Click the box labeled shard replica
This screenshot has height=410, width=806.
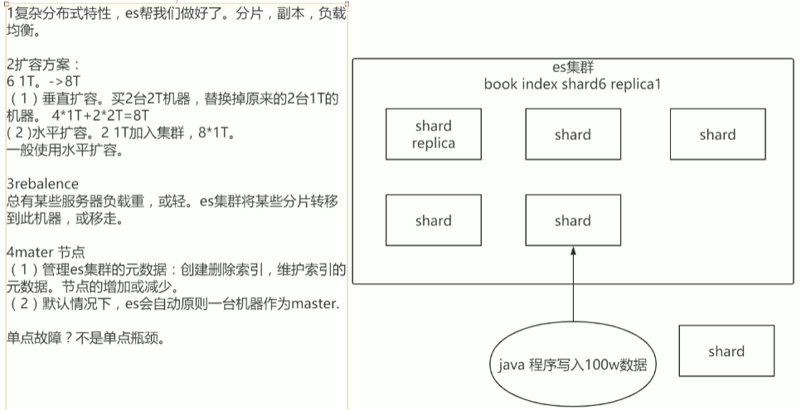click(x=434, y=134)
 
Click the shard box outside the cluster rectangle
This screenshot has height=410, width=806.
click(x=726, y=351)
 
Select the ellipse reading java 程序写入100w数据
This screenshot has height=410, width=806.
click(x=571, y=364)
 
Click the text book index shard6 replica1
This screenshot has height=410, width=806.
click(x=572, y=84)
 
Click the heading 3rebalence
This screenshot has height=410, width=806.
click(x=43, y=184)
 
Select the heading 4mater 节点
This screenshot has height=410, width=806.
click(x=46, y=252)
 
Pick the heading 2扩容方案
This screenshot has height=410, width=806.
click(x=43, y=65)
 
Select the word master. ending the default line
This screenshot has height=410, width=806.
click(x=314, y=303)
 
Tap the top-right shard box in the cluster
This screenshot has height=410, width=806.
click(x=716, y=134)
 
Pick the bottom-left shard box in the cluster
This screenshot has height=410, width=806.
click(x=434, y=220)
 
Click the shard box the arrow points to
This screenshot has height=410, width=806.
click(x=572, y=220)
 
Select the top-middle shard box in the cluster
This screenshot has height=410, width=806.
click(x=572, y=134)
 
